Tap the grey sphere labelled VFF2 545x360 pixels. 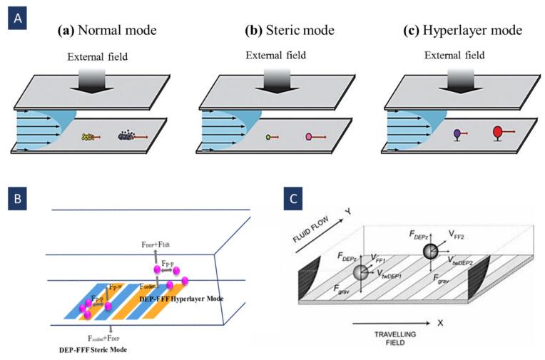[430, 251]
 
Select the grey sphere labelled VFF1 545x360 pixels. [361, 273]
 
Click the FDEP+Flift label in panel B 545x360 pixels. [161, 245]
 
